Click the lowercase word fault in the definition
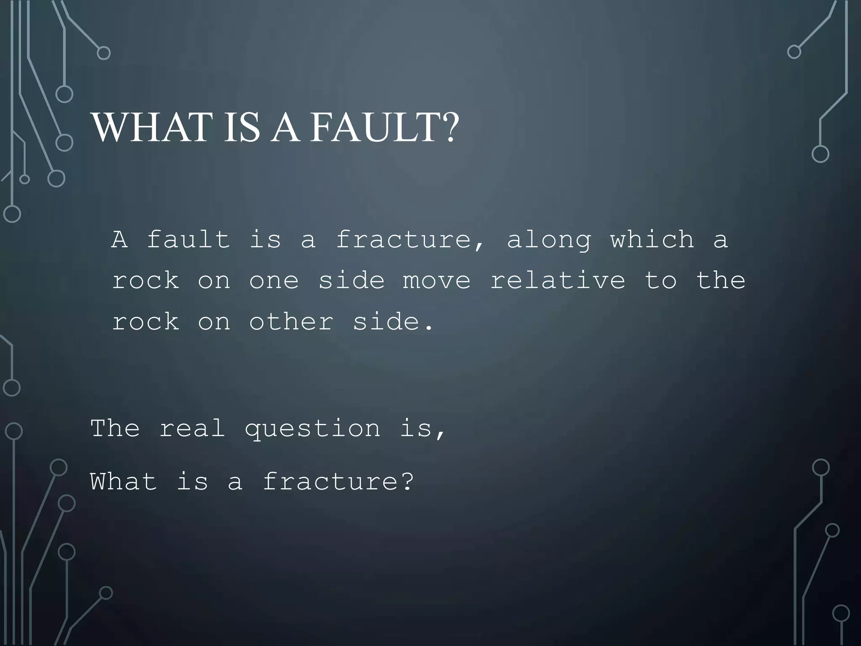pyautogui.click(x=188, y=240)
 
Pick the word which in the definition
pyautogui.click(x=652, y=240)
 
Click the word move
pyautogui.click(x=436, y=281)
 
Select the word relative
pyautogui.click(x=557, y=280)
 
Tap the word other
pyautogui.click(x=291, y=322)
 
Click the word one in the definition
pyautogui.click(x=274, y=281)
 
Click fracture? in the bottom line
pyautogui.click(x=338, y=481)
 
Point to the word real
pyautogui.click(x=192, y=429)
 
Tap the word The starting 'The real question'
pyautogui.click(x=115, y=429)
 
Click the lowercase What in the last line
pyautogui.click(x=123, y=481)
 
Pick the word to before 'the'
pyautogui.click(x=660, y=280)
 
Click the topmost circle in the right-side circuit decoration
pyautogui.click(x=794, y=52)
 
